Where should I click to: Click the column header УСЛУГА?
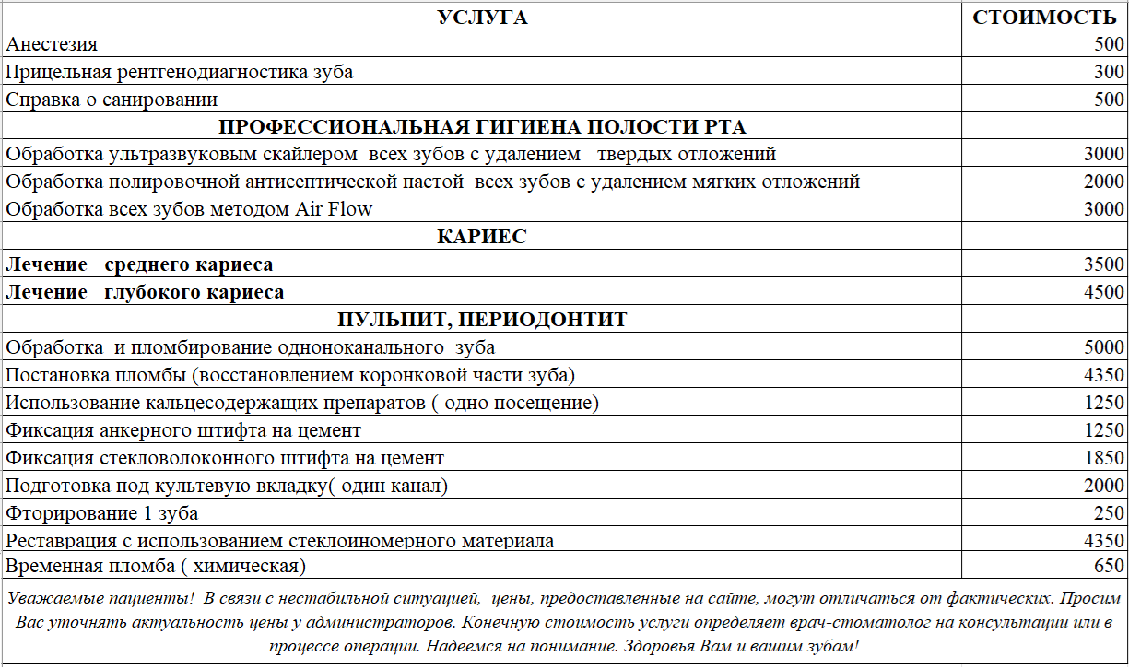click(x=482, y=17)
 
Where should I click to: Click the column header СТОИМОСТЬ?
click(x=1044, y=17)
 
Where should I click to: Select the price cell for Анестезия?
click(x=1110, y=44)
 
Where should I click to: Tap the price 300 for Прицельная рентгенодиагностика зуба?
click(x=1110, y=72)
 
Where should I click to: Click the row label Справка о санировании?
click(x=112, y=100)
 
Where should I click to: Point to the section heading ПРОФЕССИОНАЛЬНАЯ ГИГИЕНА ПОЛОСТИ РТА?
click(x=482, y=127)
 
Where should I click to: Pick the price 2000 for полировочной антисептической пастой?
click(x=1104, y=182)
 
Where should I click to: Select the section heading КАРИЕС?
click(x=482, y=237)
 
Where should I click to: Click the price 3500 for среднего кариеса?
click(x=1104, y=265)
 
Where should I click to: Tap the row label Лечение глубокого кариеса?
click(x=145, y=293)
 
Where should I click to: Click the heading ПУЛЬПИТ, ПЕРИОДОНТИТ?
click(x=482, y=320)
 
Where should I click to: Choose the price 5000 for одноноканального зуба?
click(x=1104, y=347)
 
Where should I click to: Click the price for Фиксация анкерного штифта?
click(x=1104, y=430)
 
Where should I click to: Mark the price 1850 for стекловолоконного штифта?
click(x=1104, y=458)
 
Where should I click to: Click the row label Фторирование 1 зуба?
click(x=101, y=513)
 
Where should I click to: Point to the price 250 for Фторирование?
click(x=1110, y=513)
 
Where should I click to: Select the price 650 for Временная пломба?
click(x=1110, y=566)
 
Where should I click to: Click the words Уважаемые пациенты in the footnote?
click(x=100, y=598)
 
